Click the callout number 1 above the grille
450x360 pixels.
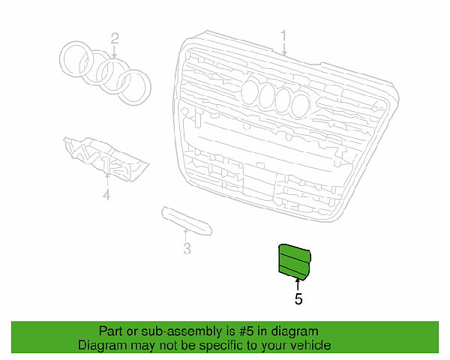283,36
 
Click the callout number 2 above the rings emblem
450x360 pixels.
115,38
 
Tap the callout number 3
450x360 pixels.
187,248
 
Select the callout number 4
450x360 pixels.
106,195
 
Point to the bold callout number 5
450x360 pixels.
298,298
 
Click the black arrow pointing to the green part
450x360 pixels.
298,284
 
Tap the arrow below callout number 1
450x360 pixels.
284,49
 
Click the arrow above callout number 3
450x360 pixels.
185,235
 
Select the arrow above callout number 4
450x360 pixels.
107,180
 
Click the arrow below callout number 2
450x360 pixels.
115,52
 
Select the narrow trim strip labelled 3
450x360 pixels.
187,220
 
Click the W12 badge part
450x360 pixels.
106,158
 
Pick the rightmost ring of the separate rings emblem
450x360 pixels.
149,86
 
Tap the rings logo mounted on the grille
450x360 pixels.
276,97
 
